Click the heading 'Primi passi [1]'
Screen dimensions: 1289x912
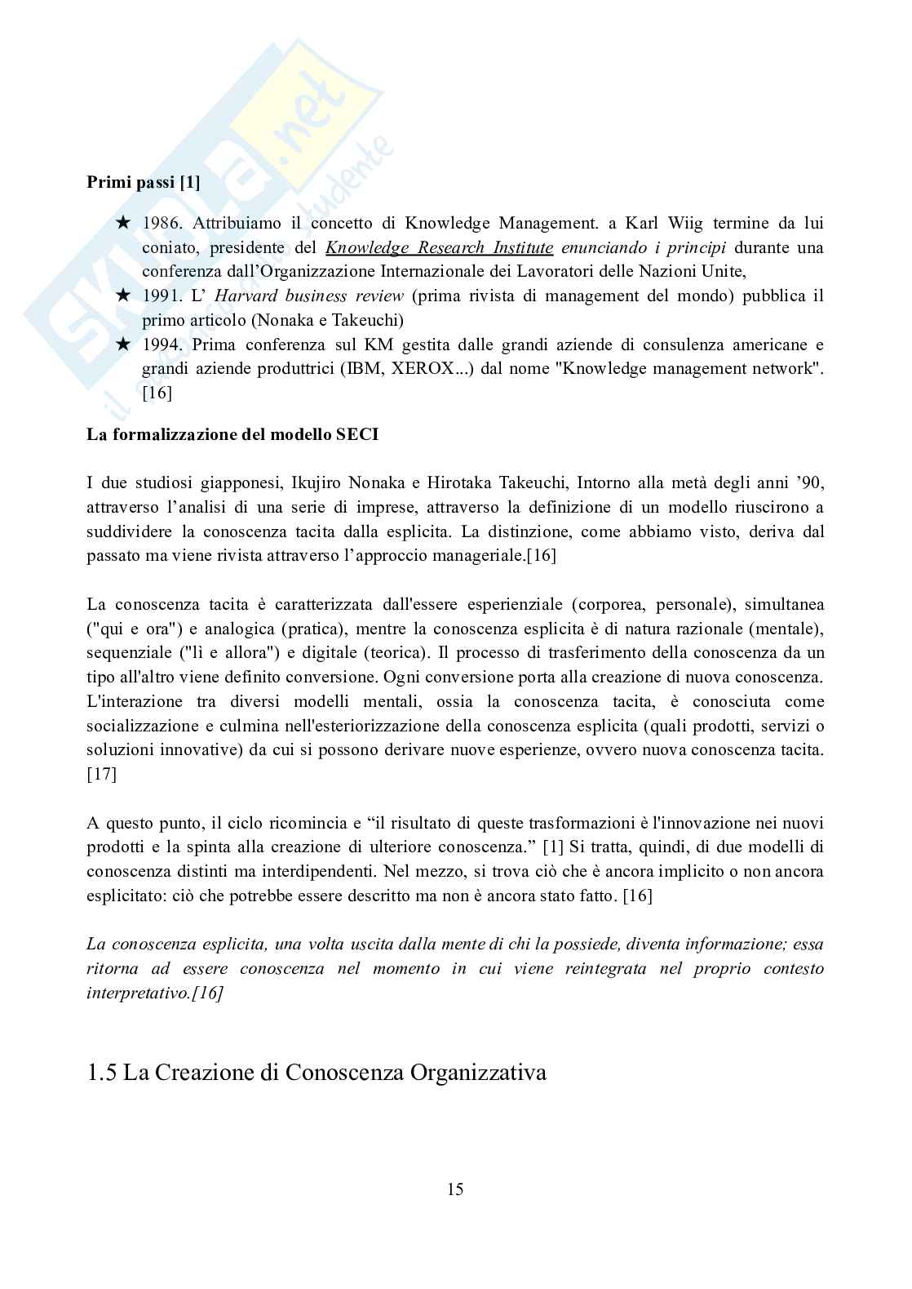pos(144,183)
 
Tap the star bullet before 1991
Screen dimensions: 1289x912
pos(122,296)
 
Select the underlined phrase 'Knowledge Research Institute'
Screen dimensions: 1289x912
pos(439,247)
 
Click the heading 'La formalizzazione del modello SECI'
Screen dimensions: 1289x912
pos(232,434)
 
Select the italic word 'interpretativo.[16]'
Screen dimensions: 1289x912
pos(155,993)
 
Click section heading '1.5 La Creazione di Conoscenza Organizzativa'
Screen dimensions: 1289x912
pos(316,1072)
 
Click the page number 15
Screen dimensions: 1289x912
pos(455,1189)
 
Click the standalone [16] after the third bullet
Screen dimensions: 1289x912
pos(157,393)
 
